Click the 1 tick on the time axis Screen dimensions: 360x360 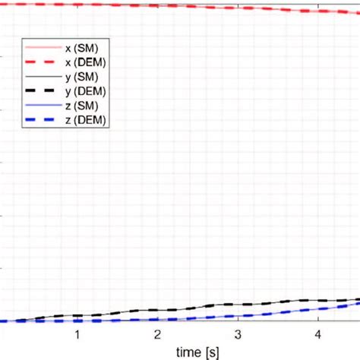pos(77,335)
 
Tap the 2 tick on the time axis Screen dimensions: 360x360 pos(157,335)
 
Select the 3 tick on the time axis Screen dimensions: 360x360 pos(238,335)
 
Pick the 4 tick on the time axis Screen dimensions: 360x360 pos(318,335)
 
